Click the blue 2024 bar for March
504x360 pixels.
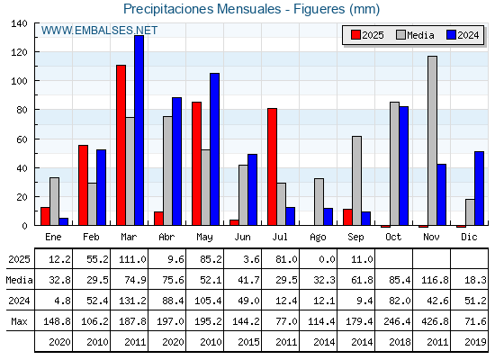coord(139,130)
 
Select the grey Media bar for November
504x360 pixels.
coord(432,140)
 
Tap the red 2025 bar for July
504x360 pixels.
coord(272,166)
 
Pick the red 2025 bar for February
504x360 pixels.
coord(83,185)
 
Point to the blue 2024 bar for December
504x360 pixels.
coord(479,188)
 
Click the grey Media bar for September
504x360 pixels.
coord(356,181)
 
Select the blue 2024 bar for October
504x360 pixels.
coord(404,166)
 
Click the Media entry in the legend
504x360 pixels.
coord(415,35)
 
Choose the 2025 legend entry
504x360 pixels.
coord(367,35)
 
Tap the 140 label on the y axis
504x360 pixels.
coord(19,23)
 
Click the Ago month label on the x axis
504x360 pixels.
coord(318,238)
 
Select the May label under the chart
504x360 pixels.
coord(205,238)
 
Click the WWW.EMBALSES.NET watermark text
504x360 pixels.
coord(99,31)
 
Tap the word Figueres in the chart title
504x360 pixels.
coord(319,9)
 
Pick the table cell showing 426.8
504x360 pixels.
coord(435,321)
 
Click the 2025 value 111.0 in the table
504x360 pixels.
coord(133,259)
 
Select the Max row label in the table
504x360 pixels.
coord(19,321)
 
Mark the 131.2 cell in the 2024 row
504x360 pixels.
coord(133,301)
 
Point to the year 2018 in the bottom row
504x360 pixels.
coord(400,342)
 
